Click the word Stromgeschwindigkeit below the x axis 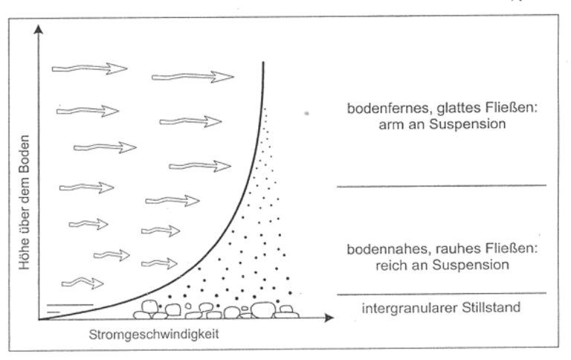click(x=154, y=335)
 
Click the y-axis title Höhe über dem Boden click(x=25, y=202)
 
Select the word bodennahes click(x=382, y=249)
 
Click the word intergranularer click(x=410, y=308)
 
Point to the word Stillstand click(x=491, y=307)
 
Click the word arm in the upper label click(x=391, y=125)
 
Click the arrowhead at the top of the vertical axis click(x=38, y=29)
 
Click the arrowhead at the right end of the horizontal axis click(x=329, y=318)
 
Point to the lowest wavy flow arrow click(x=83, y=283)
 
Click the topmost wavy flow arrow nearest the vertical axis click(x=89, y=68)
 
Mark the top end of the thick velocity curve click(x=263, y=62)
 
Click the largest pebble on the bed click(x=263, y=309)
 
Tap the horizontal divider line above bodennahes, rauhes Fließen click(x=442, y=186)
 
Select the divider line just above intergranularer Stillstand click(x=442, y=294)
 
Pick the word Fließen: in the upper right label click(x=512, y=108)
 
